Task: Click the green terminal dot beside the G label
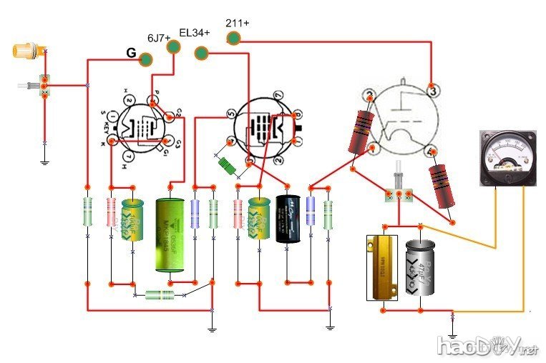pyautogui.click(x=147, y=60)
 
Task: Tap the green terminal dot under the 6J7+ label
pyautogui.click(x=173, y=47)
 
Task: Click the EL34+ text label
pyautogui.click(x=195, y=33)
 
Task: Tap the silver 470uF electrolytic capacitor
pyautogui.click(x=418, y=267)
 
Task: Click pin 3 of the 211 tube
pyautogui.click(x=432, y=91)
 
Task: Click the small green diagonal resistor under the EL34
pyautogui.click(x=228, y=164)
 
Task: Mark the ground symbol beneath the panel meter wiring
pyautogui.click(x=452, y=334)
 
